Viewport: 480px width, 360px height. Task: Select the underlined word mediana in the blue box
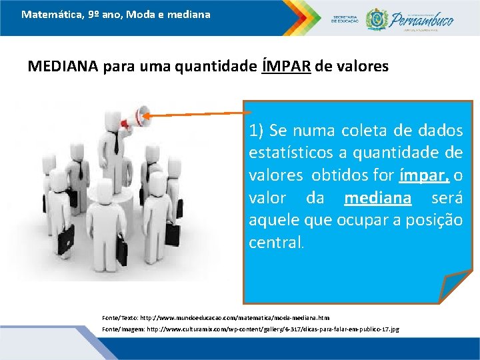click(378, 199)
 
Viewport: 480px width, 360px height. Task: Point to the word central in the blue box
click(275, 243)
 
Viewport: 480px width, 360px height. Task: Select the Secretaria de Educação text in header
click(345, 19)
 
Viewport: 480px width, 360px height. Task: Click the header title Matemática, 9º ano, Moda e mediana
click(115, 13)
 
